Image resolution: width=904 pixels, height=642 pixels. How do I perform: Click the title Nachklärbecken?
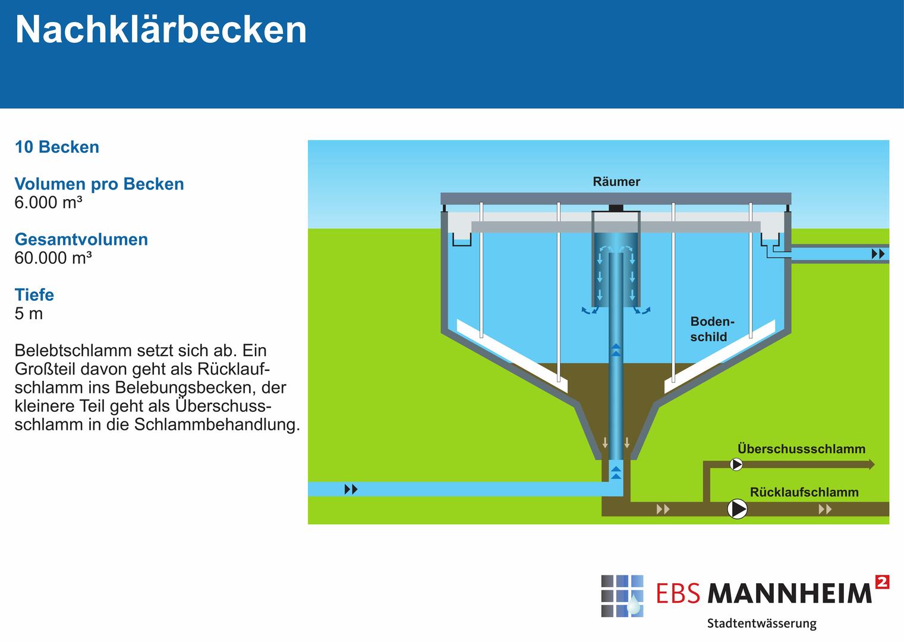pos(160,30)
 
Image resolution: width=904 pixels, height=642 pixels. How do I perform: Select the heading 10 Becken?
pos(57,147)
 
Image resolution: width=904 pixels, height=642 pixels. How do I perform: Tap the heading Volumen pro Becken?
pos(99,184)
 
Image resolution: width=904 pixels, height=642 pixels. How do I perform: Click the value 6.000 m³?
pos(48,202)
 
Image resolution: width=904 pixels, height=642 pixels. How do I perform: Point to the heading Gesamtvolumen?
pos(81,240)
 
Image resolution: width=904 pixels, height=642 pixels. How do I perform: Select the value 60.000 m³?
pos(53,258)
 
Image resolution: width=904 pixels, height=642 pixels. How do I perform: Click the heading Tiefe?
pos(34,295)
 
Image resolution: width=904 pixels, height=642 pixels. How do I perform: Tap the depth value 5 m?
pos(29,313)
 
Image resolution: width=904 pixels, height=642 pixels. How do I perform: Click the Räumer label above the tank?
pos(616,181)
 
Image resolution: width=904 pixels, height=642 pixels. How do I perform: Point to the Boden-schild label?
pos(712,329)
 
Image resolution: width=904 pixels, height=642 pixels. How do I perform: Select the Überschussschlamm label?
pos(802,449)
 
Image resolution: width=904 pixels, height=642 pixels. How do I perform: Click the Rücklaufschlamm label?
pos(804,492)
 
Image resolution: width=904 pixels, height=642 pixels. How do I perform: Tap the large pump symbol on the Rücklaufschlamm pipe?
pos(738,509)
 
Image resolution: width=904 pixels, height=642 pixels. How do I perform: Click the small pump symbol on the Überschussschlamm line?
pos(736,465)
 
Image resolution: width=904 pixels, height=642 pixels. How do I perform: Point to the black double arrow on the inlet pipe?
pos(351,489)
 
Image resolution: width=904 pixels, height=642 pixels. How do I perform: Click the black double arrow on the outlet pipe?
pos(878,254)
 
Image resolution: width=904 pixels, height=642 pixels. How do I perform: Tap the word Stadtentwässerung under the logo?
pos(762,624)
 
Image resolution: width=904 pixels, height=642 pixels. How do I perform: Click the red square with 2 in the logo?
pos(882,582)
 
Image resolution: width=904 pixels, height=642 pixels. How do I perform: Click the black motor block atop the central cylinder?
pos(616,208)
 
